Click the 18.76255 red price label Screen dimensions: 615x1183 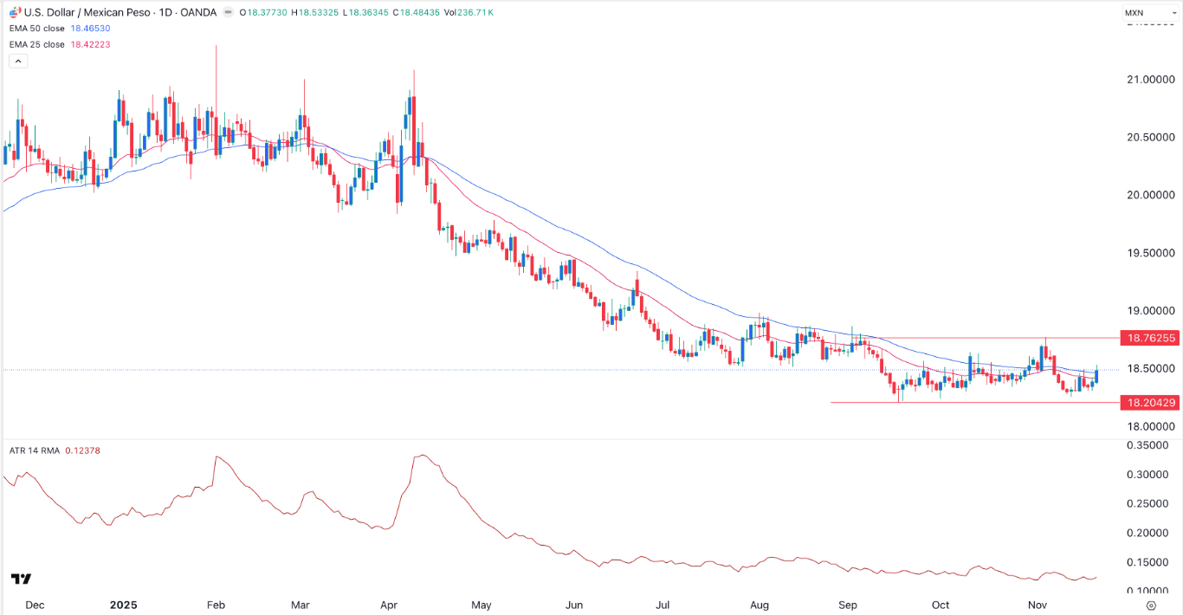point(1147,338)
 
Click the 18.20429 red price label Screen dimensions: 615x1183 point(1147,403)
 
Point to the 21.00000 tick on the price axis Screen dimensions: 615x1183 point(1149,80)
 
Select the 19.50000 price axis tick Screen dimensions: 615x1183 point(1149,253)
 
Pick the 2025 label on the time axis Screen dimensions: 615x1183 point(123,605)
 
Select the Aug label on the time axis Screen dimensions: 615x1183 point(760,605)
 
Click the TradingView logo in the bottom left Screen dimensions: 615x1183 point(22,579)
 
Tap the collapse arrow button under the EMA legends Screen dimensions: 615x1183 point(18,61)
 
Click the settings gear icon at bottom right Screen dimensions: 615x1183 point(1151,605)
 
